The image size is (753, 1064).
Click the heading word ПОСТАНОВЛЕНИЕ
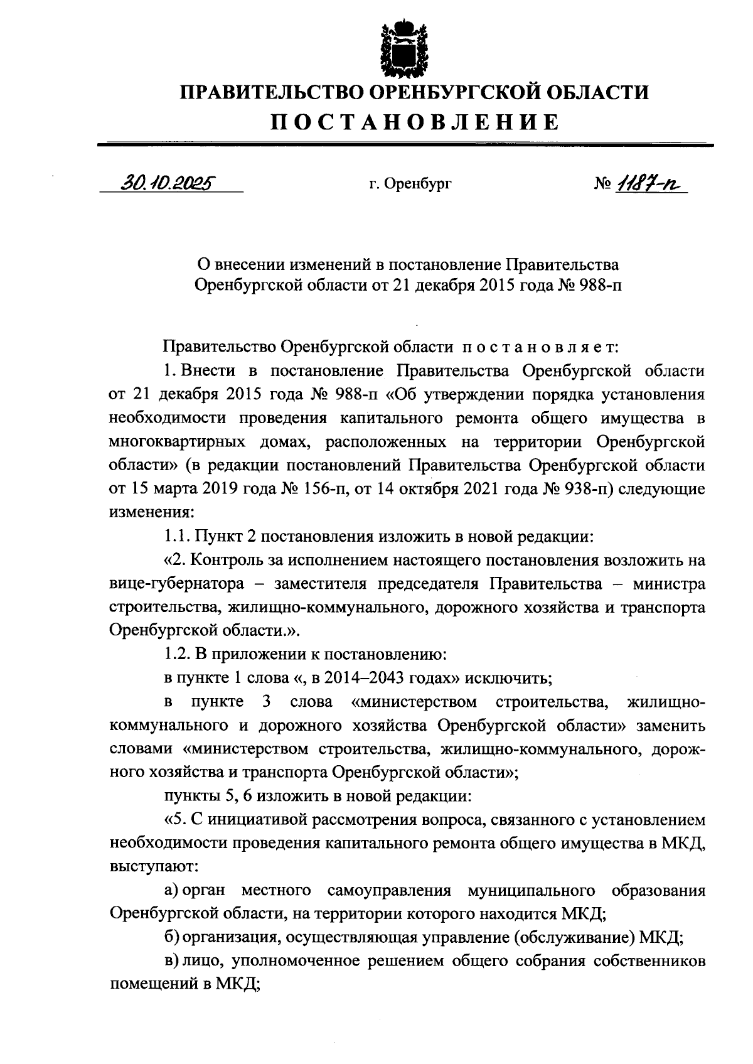[x=414, y=122]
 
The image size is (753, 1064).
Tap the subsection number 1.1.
[x=176, y=537]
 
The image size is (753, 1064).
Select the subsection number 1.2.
[x=176, y=655]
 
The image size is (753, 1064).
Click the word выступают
[x=154, y=867]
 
